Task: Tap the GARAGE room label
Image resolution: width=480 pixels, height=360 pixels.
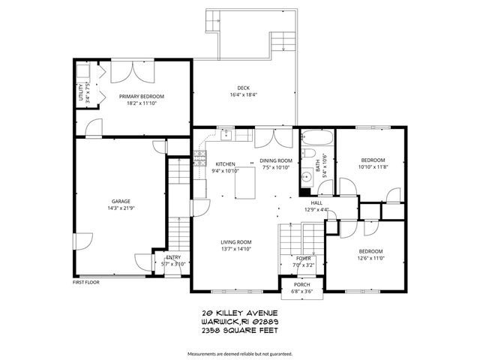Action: pos(121,201)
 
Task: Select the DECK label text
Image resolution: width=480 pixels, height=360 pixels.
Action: pos(244,87)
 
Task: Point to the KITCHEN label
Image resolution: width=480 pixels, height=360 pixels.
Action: pos(225,163)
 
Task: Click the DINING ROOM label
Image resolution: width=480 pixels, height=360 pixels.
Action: pos(275,160)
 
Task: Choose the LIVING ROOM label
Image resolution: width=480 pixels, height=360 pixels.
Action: pos(235,241)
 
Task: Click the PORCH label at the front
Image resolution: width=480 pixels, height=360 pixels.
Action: pos(301,284)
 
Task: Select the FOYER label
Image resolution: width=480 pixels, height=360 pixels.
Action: pos(304,258)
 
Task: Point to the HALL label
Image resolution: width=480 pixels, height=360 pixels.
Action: pos(316,202)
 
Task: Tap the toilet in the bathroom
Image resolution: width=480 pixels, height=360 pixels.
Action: pos(308,154)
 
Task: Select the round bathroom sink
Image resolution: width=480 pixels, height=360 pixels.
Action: pos(306,178)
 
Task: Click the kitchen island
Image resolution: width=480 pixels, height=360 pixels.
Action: pos(247,183)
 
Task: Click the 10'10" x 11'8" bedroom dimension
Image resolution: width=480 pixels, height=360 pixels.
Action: pos(373,166)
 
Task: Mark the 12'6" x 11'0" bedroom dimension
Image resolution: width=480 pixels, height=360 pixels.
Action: pos(370,257)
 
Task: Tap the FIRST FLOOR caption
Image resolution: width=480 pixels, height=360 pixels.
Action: pos(87,283)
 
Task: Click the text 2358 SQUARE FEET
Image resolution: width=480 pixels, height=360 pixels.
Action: pos(240,329)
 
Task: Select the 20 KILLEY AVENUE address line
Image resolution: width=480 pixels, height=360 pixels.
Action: pos(240,313)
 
